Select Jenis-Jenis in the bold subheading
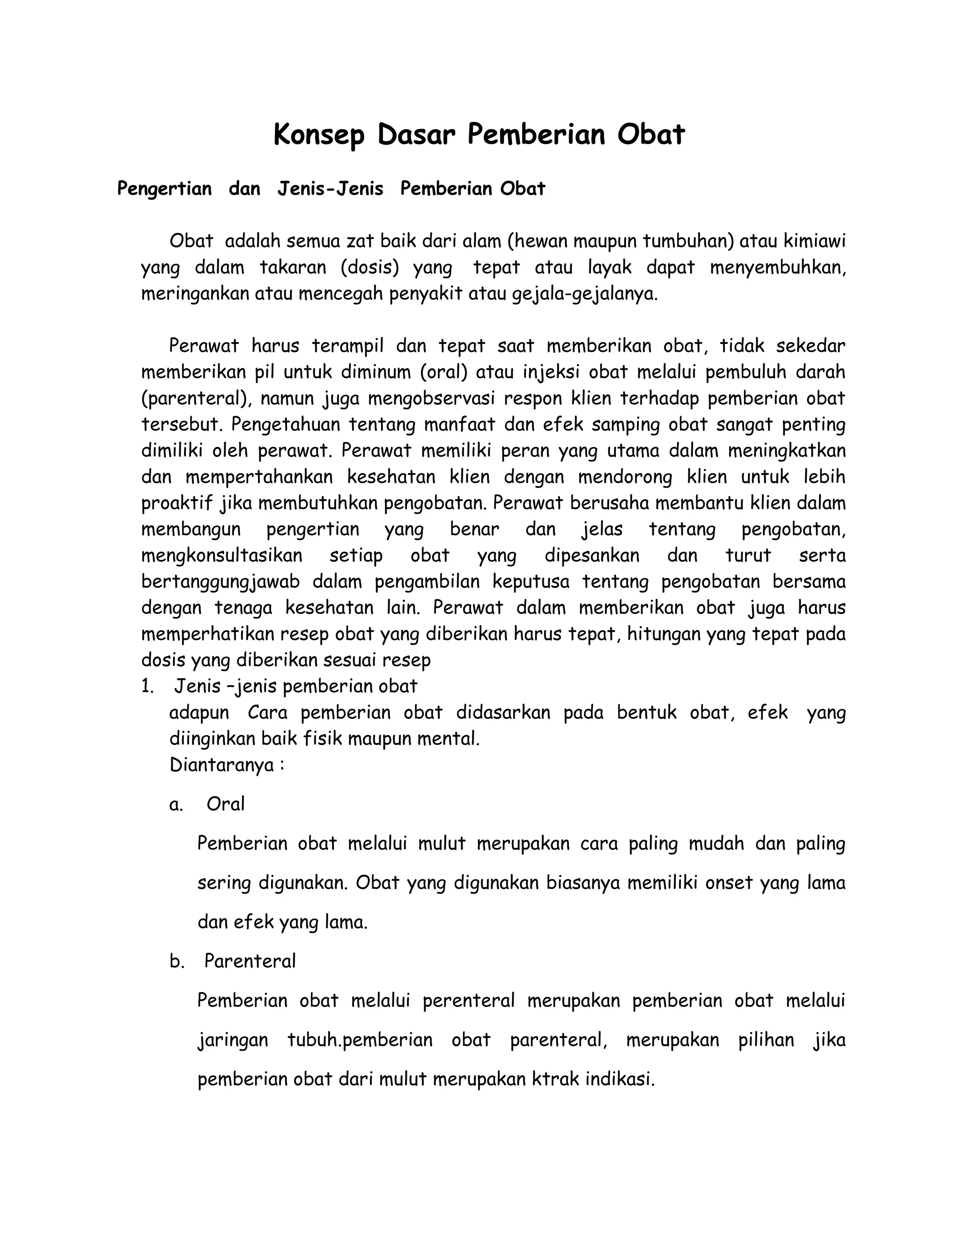click(x=330, y=189)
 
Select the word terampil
click(x=348, y=346)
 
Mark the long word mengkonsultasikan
click(x=221, y=555)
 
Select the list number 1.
click(x=147, y=686)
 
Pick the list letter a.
click(x=176, y=804)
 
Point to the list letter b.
click(x=177, y=961)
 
